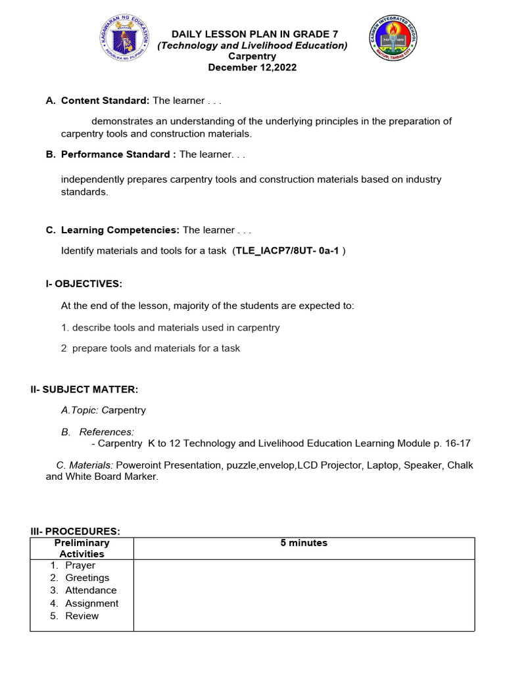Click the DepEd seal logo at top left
click(x=126, y=41)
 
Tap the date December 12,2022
click(x=252, y=68)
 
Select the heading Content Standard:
click(x=105, y=101)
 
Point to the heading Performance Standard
click(x=115, y=154)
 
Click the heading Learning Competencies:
click(x=120, y=230)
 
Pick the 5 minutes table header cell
click(x=304, y=543)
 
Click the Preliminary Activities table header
click(x=82, y=548)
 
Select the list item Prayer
click(x=80, y=565)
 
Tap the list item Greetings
click(x=87, y=578)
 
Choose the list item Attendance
click(x=91, y=590)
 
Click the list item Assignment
click(x=91, y=603)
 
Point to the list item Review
click(x=82, y=616)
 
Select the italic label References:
click(x=107, y=432)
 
